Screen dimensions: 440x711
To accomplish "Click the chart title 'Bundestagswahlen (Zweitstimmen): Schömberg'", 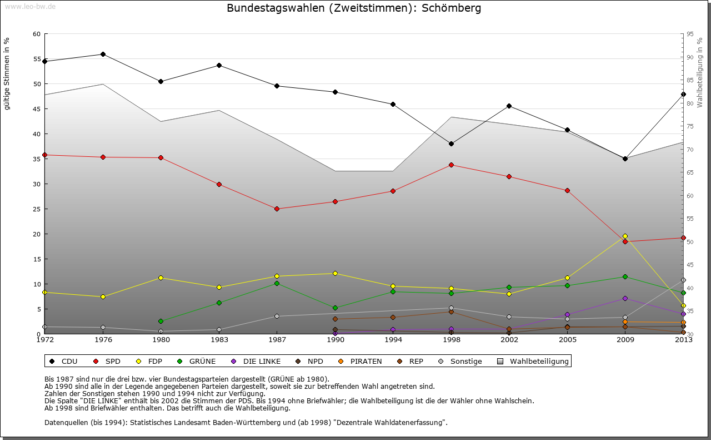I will [x=354, y=8].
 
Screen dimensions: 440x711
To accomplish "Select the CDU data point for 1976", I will [x=103, y=54].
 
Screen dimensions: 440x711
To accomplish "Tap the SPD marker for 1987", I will [x=277, y=209].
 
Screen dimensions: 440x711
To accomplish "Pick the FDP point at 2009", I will [x=625, y=236].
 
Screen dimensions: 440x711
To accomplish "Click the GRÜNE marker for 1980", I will [x=161, y=321].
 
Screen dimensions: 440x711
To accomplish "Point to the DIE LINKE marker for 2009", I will [x=625, y=298].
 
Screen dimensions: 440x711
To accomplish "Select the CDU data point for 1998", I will [x=451, y=144].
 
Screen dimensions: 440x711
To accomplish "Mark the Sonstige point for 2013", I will [x=683, y=280].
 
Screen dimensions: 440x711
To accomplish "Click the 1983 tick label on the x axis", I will [x=219, y=339].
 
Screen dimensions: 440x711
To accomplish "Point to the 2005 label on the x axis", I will [x=567, y=339].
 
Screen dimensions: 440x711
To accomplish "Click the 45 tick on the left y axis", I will [x=36, y=108].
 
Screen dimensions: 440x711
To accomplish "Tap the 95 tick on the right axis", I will [x=690, y=34].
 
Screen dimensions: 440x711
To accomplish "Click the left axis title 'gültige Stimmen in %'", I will [x=7, y=74].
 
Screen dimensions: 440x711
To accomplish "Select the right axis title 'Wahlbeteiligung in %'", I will [x=700, y=72].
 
